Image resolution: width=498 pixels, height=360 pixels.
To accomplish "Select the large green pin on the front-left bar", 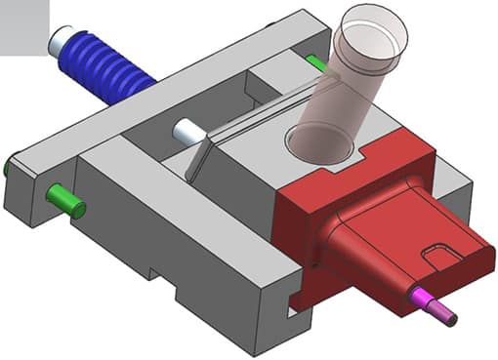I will click(66, 201).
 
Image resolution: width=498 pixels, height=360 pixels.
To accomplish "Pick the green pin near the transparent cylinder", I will click(316, 64).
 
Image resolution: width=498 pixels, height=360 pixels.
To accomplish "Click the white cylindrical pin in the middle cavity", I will click(187, 131).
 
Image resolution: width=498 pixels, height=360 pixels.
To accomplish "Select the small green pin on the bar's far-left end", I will click(7, 167).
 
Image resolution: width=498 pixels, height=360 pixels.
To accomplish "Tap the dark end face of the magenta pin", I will click(452, 315).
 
